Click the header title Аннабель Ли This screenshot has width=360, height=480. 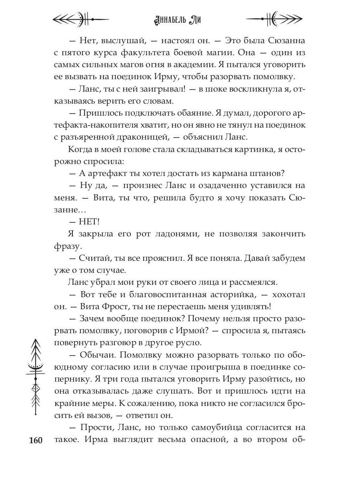180,19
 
